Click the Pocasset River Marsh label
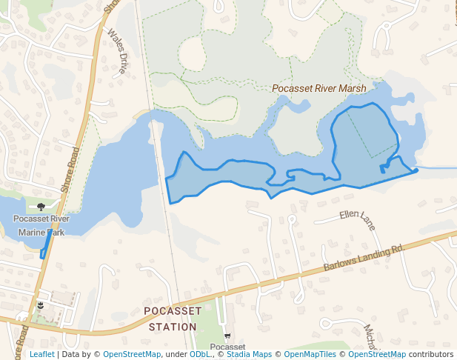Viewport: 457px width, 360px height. pyautogui.click(x=318, y=88)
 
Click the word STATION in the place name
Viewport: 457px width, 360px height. pyautogui.click(x=173, y=327)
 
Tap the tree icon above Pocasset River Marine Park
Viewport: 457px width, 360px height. pyautogui.click(x=41, y=207)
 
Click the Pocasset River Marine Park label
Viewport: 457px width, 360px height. pyautogui.click(x=41, y=225)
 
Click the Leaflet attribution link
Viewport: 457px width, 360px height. pyautogui.click(x=41, y=354)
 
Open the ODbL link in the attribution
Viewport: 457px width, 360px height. pyautogui.click(x=199, y=354)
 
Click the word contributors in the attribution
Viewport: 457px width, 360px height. pyautogui.click(x=431, y=354)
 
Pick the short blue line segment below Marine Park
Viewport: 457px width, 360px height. pyautogui.click(x=45, y=246)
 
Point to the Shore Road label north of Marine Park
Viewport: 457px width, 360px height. pyautogui.click(x=70, y=170)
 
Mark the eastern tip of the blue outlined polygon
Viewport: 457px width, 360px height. pyautogui.click(x=416, y=170)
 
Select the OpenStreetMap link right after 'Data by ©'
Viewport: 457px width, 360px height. pyautogui.click(x=132, y=354)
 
